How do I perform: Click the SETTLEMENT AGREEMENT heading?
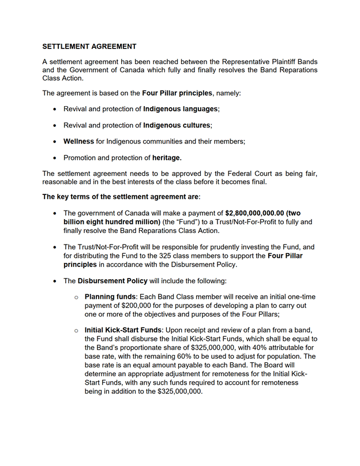(x=89, y=46)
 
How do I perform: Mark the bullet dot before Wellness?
(x=54, y=141)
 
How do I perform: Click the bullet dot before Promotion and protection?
(x=54, y=157)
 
